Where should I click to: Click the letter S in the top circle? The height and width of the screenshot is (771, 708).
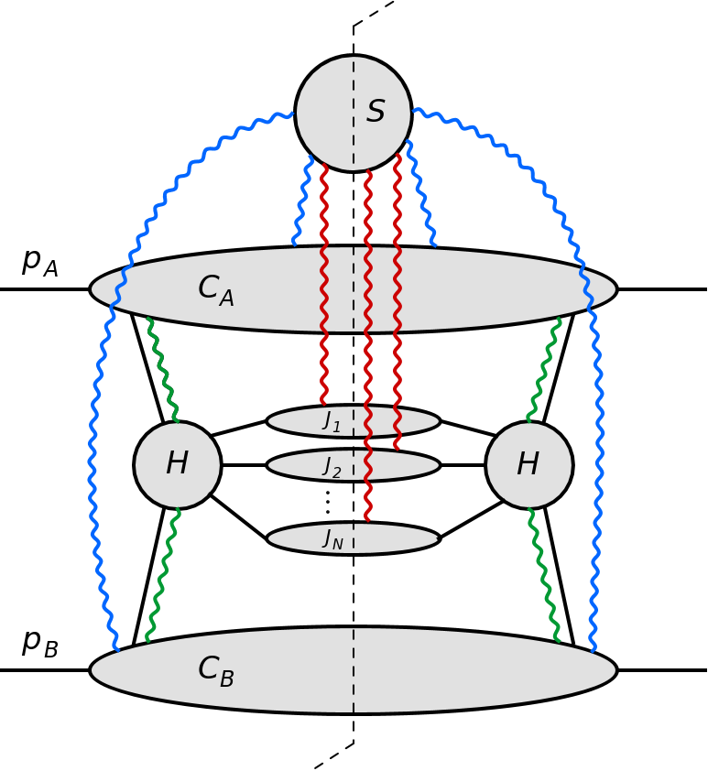pos(376,113)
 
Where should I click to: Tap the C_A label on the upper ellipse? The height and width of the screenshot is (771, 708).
pos(216,290)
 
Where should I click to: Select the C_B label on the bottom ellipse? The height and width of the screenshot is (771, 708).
pos(216,671)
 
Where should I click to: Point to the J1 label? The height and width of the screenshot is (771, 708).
pos(332,421)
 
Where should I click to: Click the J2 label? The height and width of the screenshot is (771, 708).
pos(332,467)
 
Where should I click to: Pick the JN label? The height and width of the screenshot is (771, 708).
pos(332,539)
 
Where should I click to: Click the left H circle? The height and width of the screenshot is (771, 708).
pos(178,465)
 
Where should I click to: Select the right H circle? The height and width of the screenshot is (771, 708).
pos(529,465)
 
